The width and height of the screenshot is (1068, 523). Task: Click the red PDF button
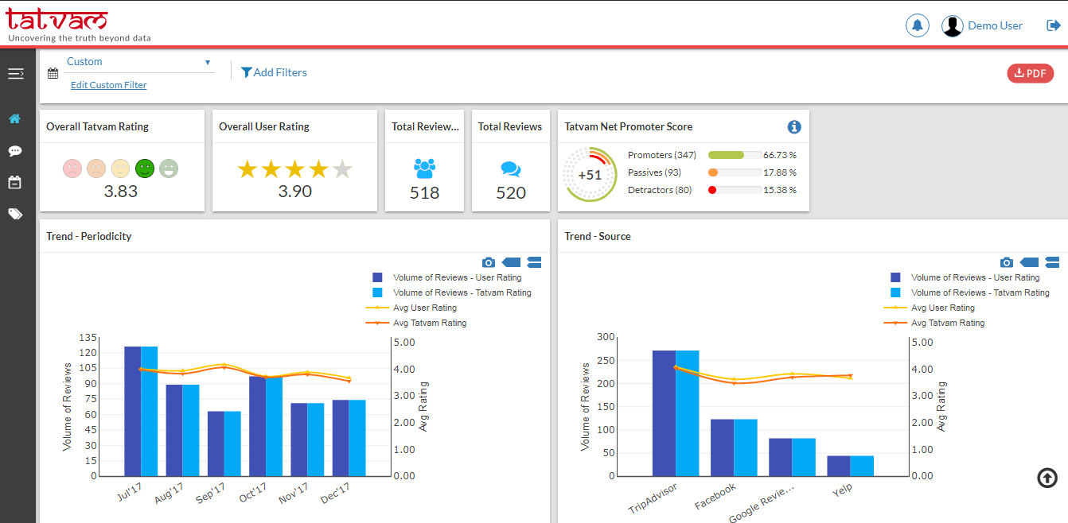(x=1030, y=73)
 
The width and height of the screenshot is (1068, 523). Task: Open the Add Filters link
(x=274, y=72)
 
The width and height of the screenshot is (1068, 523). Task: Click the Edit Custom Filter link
(x=109, y=85)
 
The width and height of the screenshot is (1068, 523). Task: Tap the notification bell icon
(x=917, y=25)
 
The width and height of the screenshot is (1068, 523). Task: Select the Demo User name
(x=995, y=25)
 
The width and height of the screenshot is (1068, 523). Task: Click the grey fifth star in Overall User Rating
(x=342, y=169)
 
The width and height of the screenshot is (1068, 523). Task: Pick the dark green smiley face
(x=144, y=169)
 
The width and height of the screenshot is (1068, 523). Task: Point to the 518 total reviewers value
(x=424, y=193)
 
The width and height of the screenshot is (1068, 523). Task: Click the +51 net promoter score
(x=590, y=175)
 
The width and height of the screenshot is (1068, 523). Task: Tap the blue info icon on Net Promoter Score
(x=793, y=127)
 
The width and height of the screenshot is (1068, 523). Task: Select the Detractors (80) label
(x=660, y=190)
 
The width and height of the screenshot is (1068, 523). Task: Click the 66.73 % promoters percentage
(x=780, y=155)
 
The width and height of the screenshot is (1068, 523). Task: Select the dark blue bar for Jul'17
(x=132, y=411)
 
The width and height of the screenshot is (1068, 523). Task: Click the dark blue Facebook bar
(x=722, y=447)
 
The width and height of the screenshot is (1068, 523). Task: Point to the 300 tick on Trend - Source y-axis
(x=606, y=337)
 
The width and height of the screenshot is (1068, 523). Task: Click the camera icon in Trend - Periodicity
(x=489, y=262)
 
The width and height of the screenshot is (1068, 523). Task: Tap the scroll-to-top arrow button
(x=1047, y=478)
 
